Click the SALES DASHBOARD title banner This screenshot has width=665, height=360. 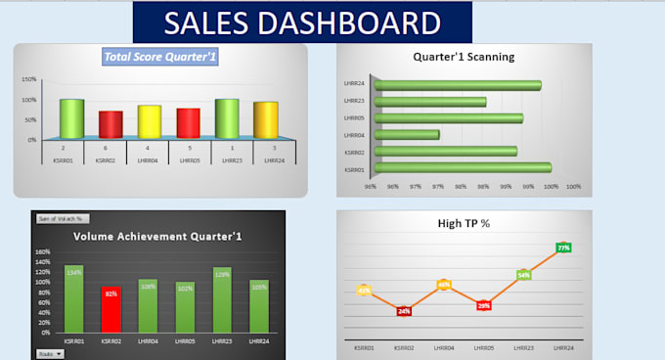[302, 22]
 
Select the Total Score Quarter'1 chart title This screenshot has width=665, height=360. [160, 58]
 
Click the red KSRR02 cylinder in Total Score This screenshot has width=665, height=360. [111, 125]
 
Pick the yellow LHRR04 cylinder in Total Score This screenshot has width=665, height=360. [150, 122]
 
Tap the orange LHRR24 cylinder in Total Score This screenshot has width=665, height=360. [266, 119]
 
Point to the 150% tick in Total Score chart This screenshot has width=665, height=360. [29, 79]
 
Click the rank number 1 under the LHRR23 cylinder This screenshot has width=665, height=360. [227, 148]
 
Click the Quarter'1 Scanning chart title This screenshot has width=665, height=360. [464, 57]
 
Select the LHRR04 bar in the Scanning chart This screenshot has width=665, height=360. [407, 134]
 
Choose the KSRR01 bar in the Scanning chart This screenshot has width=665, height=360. [462, 167]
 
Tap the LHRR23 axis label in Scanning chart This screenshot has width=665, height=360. [354, 101]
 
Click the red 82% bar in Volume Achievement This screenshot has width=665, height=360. [111, 310]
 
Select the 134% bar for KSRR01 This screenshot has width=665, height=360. [73, 298]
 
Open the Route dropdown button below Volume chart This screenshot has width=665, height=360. [48, 353]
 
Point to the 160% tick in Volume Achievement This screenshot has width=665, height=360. [42, 251]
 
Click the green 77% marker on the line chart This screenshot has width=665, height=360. [563, 247]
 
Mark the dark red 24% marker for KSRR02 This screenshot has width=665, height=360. [404, 311]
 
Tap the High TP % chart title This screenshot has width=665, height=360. [464, 224]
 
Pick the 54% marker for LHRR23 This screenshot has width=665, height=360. [524, 275]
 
